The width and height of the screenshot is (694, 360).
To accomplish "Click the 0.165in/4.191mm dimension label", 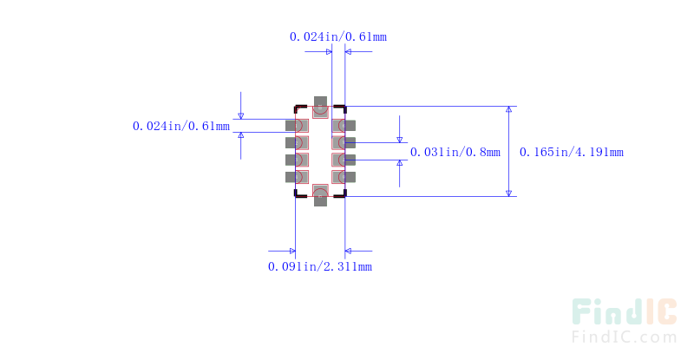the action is click(x=572, y=153).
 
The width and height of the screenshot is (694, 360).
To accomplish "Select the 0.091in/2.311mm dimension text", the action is click(x=320, y=266).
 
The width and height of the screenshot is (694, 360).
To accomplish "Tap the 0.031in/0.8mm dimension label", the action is click(x=455, y=153).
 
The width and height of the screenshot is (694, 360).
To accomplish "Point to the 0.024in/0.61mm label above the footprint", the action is click(x=338, y=36).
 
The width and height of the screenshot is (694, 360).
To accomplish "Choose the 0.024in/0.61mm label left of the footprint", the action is click(x=181, y=126).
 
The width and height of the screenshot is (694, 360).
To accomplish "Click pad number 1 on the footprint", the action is click(x=297, y=126).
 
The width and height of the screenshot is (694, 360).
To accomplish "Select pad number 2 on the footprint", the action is click(x=297, y=142).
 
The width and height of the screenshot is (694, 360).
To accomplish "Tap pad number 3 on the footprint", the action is click(x=297, y=160).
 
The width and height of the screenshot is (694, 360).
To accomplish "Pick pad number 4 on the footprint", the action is click(x=297, y=177).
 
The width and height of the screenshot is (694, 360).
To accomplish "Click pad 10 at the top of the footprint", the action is click(x=320, y=108).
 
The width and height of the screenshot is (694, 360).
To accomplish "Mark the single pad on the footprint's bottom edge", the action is click(x=320, y=195).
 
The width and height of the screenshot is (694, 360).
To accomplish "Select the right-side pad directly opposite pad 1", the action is click(x=344, y=126).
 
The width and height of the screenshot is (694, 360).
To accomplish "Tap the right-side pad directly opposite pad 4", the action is click(x=344, y=177).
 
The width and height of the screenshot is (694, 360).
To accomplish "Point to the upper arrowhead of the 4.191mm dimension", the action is click(x=509, y=109).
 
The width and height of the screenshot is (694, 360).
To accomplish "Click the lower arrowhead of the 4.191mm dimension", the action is click(x=509, y=193).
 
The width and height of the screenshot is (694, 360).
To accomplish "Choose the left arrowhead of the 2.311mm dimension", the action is click(x=292, y=251).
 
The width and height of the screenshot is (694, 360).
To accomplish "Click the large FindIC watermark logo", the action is click(x=624, y=311).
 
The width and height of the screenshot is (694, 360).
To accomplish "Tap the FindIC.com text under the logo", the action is click(x=624, y=337).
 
